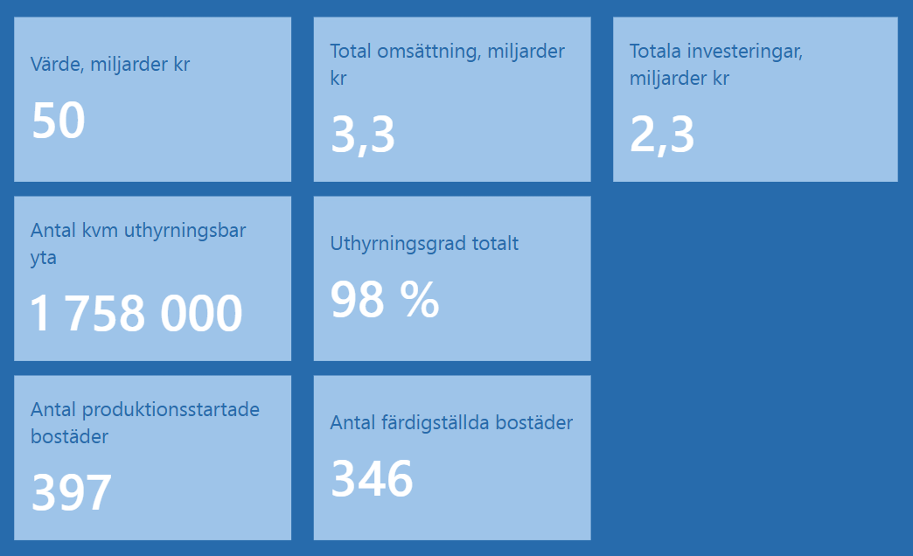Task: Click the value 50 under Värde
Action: tap(59, 121)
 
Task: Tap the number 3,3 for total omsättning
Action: tap(362, 135)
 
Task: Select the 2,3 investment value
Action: tap(661, 135)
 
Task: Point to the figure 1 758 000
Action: tap(136, 313)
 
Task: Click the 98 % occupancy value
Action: tap(384, 299)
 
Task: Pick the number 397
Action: tap(71, 492)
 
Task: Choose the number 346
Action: tap(372, 478)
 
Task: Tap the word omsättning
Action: tap(429, 52)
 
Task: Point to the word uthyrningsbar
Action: tap(185, 231)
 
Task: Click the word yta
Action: tap(44, 259)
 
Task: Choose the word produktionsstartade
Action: tap(171, 410)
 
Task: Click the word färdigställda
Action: tap(427, 422)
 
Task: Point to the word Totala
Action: tap(655, 52)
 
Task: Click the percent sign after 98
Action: tap(420, 299)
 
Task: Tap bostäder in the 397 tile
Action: tap(69, 436)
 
